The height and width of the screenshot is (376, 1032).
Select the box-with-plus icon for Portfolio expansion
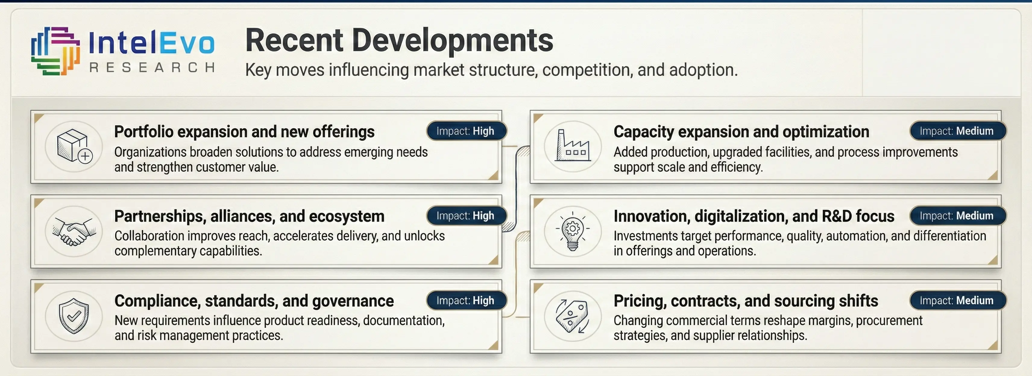(x=74, y=146)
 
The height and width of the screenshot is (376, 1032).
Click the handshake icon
(x=74, y=231)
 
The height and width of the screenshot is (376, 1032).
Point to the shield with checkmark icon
(x=74, y=316)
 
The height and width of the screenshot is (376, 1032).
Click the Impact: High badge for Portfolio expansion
(x=466, y=131)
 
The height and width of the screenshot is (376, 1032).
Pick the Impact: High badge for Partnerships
(x=466, y=216)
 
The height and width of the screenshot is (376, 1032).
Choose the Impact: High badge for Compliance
(x=466, y=300)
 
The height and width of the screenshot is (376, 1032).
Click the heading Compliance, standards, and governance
(x=254, y=301)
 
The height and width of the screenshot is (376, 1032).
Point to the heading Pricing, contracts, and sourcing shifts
(x=746, y=301)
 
